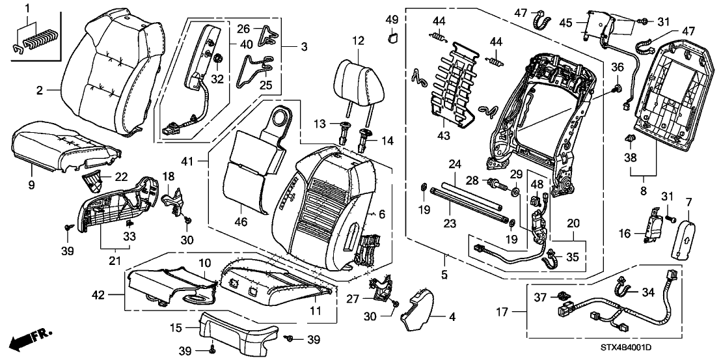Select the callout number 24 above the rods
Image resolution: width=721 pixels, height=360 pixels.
[454, 163]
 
